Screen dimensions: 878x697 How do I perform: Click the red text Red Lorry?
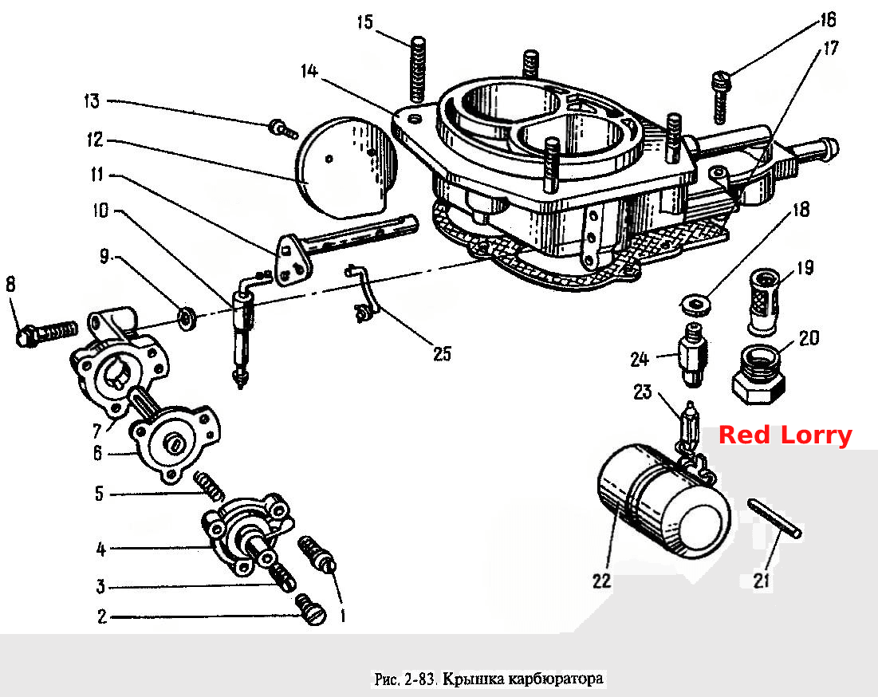pos(785,435)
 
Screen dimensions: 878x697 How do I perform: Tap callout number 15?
pos(364,22)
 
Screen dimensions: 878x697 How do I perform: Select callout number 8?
pos(10,285)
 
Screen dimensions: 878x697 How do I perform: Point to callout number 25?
pos(442,354)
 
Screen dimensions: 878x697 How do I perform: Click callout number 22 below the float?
pos(601,581)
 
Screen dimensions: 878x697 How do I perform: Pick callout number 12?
pos(95,140)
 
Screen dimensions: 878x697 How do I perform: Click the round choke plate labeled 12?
pos(345,167)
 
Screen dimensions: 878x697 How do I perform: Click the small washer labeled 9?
pos(187,318)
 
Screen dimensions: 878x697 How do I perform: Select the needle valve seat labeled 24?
pos(693,354)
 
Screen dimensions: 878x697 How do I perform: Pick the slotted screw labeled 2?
pos(311,609)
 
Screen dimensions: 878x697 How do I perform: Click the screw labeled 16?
pos(721,97)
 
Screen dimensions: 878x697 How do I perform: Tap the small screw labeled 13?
pos(283,128)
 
